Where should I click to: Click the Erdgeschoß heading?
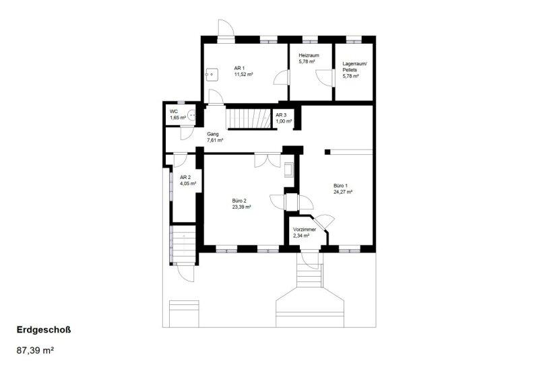point(44,330)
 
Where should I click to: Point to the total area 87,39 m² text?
point(35,351)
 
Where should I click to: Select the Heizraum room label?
point(309,55)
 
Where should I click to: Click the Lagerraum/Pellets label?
point(355,67)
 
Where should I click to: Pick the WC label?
point(174,112)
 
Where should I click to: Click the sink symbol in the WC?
point(192,114)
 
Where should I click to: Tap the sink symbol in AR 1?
point(212,74)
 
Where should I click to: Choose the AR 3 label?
point(281,115)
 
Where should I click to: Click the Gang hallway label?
point(212,134)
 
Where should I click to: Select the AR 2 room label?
point(185,178)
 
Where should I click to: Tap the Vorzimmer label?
point(305,230)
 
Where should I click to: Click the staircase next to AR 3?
point(248,118)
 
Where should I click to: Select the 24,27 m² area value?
point(343,192)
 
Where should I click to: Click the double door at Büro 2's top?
point(267,160)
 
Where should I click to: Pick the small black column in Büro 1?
point(327,151)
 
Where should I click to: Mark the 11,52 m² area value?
point(244,74)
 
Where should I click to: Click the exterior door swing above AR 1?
point(226,28)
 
